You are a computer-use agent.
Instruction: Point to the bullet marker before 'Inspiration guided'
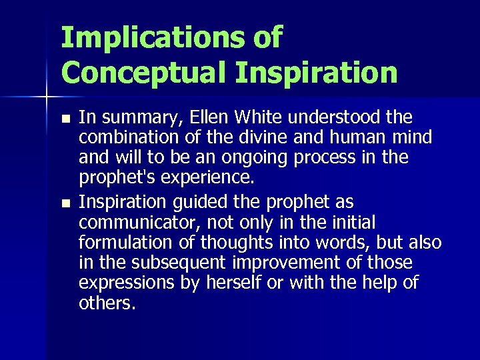coord(63,203)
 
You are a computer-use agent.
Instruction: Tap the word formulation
coord(119,242)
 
